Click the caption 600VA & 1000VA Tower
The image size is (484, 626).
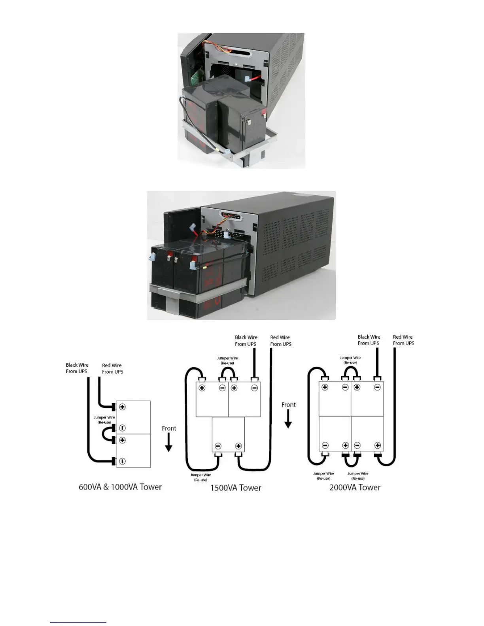[x=120, y=487]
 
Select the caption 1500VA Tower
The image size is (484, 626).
[x=236, y=488]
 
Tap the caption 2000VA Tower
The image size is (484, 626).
[x=355, y=487]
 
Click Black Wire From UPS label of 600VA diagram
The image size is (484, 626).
[x=77, y=368]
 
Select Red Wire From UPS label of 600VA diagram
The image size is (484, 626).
[x=112, y=368]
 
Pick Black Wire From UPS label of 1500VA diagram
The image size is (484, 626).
[x=246, y=341]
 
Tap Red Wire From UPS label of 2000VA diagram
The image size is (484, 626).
[x=403, y=340]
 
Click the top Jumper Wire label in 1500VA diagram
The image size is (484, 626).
[x=227, y=360]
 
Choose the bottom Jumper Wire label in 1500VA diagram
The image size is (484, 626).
[x=200, y=477]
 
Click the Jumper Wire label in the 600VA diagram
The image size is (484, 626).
[x=104, y=420]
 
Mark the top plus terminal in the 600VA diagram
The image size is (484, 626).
[x=123, y=407]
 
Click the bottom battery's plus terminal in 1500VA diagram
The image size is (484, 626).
[x=238, y=446]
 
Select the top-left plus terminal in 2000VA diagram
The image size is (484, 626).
[x=325, y=387]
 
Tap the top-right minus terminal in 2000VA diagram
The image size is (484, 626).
[x=377, y=387]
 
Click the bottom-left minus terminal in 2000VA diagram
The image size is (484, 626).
[x=325, y=445]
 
